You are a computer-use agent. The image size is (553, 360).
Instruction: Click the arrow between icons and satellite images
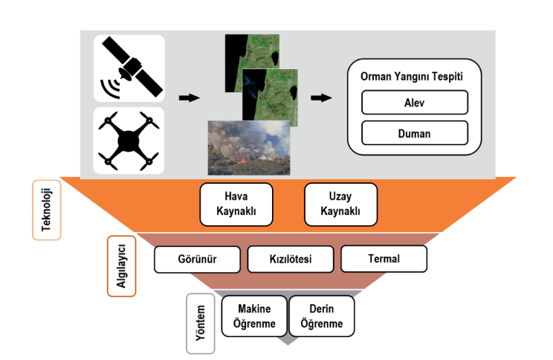190,97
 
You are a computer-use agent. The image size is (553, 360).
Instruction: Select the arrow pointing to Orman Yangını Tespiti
321,97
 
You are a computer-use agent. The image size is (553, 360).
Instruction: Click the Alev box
414,102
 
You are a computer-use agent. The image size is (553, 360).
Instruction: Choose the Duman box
414,133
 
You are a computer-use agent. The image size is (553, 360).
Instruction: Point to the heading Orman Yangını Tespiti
414,77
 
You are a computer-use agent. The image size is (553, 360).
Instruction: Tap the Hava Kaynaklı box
236,204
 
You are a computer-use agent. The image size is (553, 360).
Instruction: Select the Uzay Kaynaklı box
341,204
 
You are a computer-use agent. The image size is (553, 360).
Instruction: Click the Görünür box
197,259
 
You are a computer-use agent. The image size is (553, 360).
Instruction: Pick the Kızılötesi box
291,259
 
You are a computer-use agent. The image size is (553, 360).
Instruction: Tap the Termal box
384,259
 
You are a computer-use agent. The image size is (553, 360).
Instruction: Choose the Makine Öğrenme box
253,316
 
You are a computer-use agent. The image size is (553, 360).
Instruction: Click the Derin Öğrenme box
321,316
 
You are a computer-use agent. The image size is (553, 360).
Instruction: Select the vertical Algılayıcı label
120,265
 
